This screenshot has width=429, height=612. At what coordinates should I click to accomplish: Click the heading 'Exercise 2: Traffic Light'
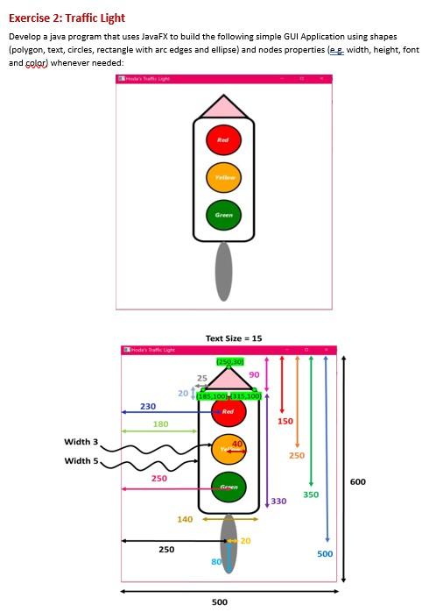tap(67, 18)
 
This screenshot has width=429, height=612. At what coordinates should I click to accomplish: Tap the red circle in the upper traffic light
tap(223, 139)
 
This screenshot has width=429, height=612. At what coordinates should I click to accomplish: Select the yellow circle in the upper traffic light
tap(223, 176)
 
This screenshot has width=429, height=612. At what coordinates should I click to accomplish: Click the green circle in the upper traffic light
tap(223, 214)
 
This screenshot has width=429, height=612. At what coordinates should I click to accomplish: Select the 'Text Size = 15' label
tap(234, 338)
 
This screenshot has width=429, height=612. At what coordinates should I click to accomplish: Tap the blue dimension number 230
tap(148, 407)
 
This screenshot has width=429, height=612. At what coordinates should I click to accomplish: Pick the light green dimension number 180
tap(161, 424)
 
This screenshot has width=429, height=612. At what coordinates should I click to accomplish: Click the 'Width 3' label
tap(81, 442)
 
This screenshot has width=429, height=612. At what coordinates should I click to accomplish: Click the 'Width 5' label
tap(81, 460)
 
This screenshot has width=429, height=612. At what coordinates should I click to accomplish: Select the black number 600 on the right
tap(358, 481)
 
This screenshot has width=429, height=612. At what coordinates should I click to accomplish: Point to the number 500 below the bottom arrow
tap(220, 602)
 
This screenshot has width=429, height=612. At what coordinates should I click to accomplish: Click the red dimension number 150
tap(285, 422)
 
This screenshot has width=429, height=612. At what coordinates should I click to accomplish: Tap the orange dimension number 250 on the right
tap(298, 456)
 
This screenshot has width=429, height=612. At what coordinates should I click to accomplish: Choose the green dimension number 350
tap(311, 495)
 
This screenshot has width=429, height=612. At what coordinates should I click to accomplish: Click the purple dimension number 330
tap(279, 502)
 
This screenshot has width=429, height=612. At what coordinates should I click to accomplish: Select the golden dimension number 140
tap(185, 520)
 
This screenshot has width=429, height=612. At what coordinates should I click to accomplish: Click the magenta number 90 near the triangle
tap(255, 375)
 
